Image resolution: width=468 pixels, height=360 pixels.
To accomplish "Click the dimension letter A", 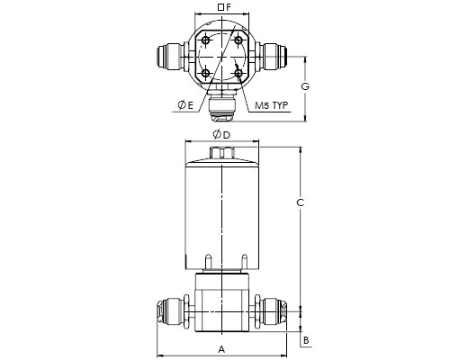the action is point(221,349).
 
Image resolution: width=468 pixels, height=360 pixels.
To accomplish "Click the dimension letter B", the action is point(306,340).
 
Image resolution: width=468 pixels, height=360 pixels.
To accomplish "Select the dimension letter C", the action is point(300,202).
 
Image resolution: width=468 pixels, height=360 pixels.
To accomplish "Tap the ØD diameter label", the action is point(221,135).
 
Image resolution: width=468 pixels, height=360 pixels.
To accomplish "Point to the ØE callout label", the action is point(185,105).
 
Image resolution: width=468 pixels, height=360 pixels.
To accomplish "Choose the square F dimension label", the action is point(225,7).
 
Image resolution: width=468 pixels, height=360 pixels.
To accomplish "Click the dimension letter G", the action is point(305,86).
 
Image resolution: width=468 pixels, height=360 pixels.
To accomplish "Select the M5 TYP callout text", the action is point(271,105).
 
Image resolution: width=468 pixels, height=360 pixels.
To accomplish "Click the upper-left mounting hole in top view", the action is point(205,40).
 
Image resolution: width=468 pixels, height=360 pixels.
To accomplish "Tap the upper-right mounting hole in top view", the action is point(238,40).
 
